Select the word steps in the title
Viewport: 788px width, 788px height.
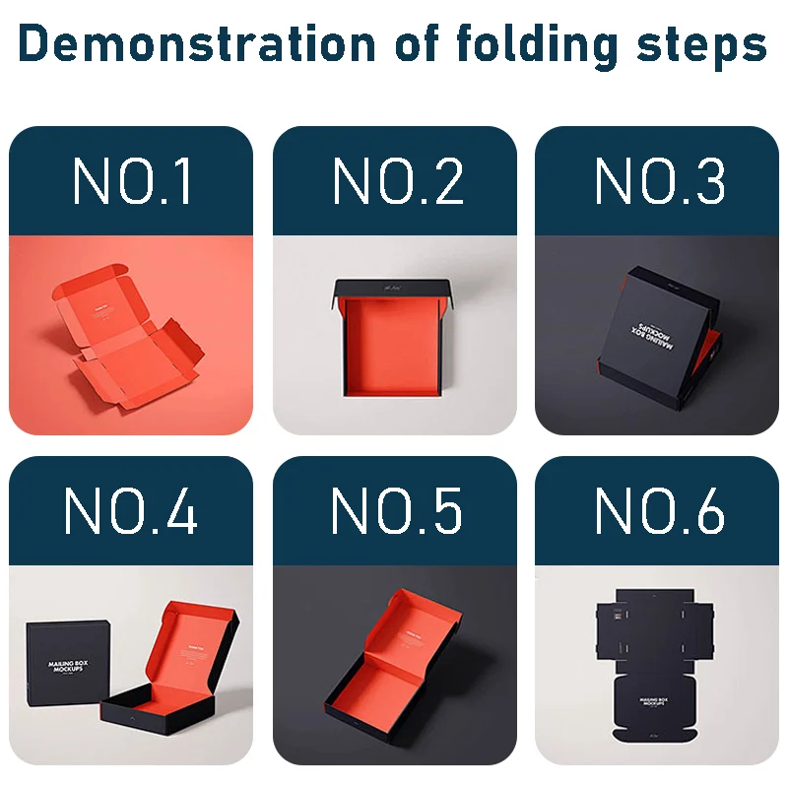point(696,45)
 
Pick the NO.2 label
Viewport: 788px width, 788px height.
point(396,182)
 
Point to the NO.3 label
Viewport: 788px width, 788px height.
point(659,182)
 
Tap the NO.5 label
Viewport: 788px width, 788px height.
point(396,510)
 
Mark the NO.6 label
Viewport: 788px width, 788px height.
point(659,510)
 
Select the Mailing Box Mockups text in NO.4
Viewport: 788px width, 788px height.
point(69,669)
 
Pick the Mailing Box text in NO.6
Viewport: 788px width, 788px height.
point(658,703)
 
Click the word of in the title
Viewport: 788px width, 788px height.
point(413,45)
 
